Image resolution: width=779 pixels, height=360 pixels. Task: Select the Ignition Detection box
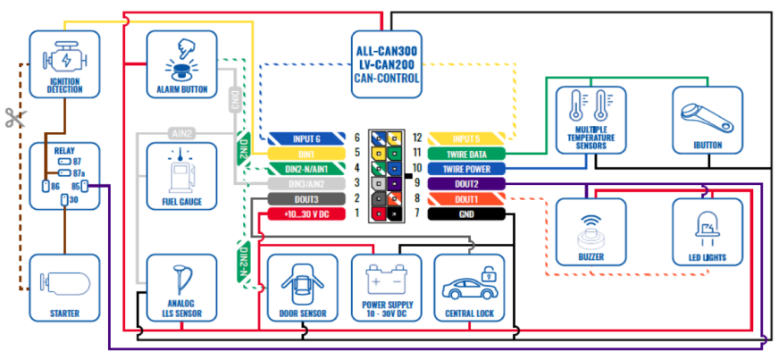[63, 63]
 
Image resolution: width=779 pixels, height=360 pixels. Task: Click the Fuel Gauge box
[181, 176]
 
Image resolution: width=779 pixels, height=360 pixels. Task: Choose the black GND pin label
[467, 214]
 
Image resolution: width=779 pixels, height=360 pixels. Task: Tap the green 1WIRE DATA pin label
[467, 154]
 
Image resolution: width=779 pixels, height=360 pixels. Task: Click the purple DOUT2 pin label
[467, 184]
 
